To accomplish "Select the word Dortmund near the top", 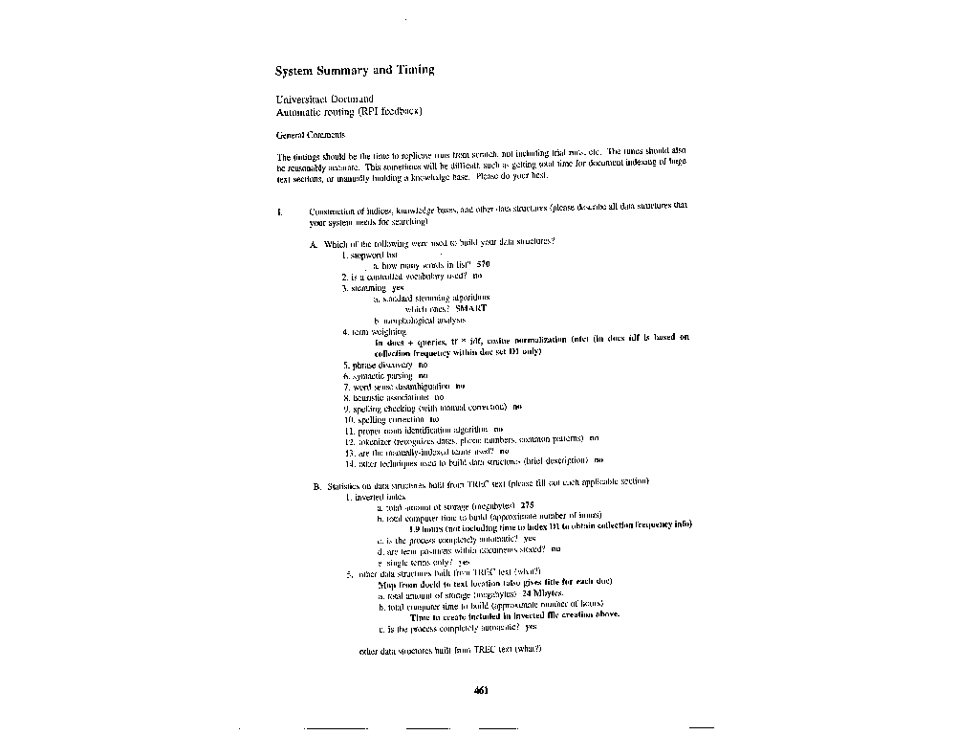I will click(354, 99).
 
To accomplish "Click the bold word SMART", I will click(470, 308).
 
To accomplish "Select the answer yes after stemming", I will click(398, 286).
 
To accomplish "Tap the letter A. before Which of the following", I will click(313, 244).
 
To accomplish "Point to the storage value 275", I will click(527, 505).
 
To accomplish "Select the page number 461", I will click(482, 694).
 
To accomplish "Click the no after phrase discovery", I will click(423, 365).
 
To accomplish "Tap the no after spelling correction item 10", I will click(435, 418).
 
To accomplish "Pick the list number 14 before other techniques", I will click(349, 461).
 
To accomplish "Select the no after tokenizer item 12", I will click(594, 439).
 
